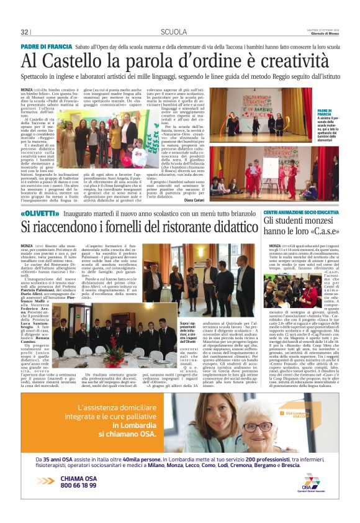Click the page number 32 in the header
[25, 32]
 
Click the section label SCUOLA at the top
[173, 32]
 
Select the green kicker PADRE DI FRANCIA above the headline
[47, 46]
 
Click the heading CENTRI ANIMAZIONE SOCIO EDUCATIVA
[300, 212]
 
